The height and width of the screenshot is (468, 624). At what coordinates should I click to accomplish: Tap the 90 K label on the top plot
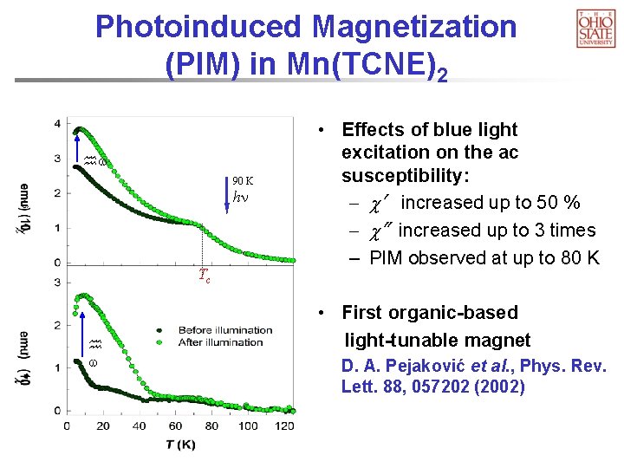(x=243, y=180)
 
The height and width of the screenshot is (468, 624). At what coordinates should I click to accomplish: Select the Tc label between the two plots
(x=205, y=276)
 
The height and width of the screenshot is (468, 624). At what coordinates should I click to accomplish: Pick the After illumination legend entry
(x=217, y=342)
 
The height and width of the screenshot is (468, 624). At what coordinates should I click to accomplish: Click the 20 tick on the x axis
(x=103, y=426)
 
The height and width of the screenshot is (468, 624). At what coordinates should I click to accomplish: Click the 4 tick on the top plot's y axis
(x=57, y=123)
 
